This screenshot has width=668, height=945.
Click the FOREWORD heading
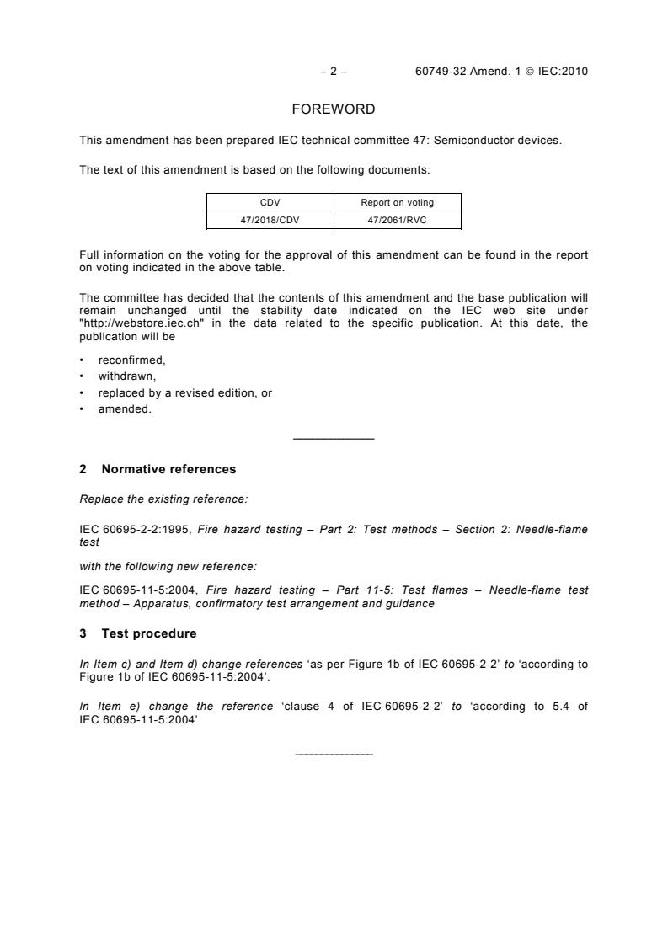point(334,109)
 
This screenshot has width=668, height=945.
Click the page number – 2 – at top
point(334,72)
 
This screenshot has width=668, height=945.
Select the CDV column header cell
point(270,202)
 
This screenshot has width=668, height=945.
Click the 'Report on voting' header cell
point(398,202)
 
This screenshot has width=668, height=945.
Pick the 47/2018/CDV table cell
point(270,219)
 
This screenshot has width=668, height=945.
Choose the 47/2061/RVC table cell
point(398,219)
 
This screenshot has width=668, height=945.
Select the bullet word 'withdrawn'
point(127,376)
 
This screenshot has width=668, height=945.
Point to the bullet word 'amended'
point(125,410)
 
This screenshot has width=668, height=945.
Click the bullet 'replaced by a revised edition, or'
point(184,393)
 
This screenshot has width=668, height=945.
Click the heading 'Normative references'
point(168,469)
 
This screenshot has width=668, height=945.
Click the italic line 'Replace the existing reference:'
point(163,499)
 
